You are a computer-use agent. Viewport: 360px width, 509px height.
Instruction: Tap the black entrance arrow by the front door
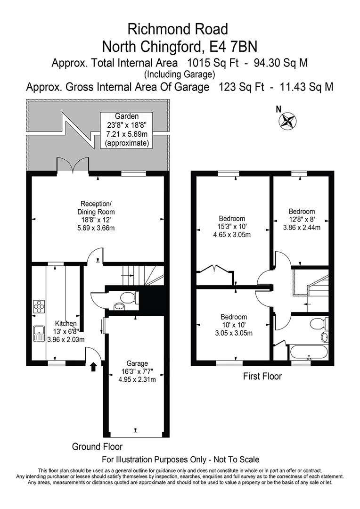(x=93, y=366)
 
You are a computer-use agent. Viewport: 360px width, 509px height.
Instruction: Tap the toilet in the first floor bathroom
(x=319, y=324)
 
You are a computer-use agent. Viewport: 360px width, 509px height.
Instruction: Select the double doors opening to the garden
(x=73, y=165)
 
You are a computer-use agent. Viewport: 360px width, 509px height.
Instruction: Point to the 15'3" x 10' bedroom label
(x=232, y=226)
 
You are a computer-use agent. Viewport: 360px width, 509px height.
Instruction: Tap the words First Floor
(x=262, y=377)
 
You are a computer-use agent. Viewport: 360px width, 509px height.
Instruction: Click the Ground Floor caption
(x=97, y=446)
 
